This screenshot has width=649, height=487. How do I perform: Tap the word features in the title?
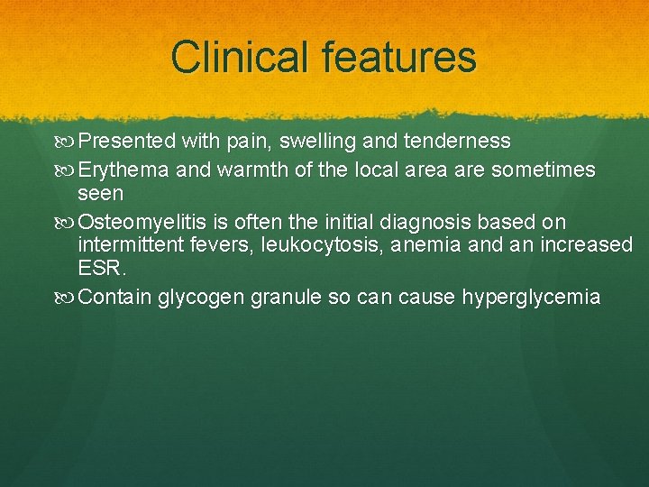(x=393, y=57)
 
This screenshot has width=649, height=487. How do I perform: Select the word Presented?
(x=126, y=142)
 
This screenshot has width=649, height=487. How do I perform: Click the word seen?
(x=100, y=194)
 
